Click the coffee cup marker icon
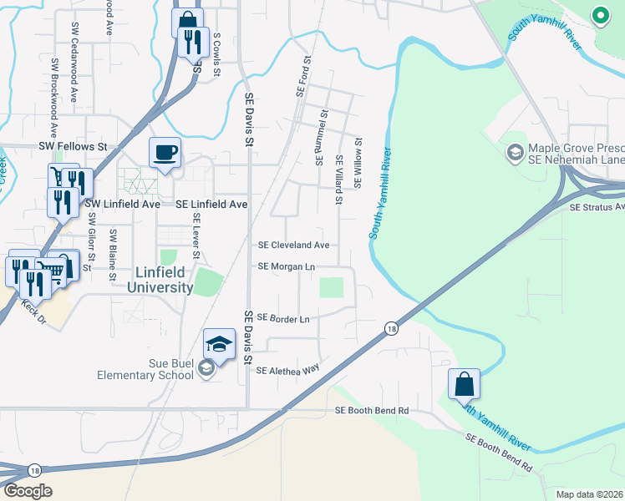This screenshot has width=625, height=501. [x=165, y=153]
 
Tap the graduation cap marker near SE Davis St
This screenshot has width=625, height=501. [x=219, y=343]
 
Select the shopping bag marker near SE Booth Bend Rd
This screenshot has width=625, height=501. [x=464, y=384]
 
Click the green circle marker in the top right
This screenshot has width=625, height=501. [x=599, y=14]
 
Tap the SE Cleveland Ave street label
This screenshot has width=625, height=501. [x=293, y=245]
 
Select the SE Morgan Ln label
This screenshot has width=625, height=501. [x=286, y=267]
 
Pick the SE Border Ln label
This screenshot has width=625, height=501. [x=283, y=318]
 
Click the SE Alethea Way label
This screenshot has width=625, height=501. [x=288, y=370]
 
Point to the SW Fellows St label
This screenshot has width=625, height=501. [x=74, y=147]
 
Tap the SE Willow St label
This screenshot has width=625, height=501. [x=358, y=163]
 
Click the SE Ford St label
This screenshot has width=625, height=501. [x=302, y=76]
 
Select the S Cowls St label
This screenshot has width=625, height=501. [x=216, y=55]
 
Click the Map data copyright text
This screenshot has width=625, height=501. [x=589, y=494]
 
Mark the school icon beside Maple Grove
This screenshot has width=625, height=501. [x=515, y=152]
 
